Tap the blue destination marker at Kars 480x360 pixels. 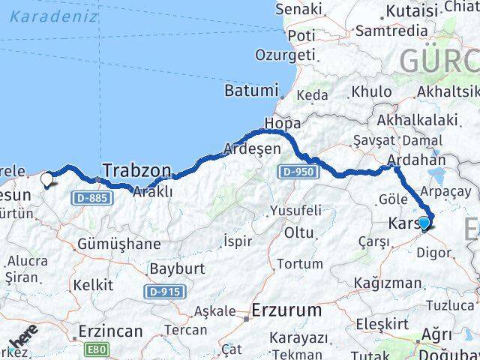tap(424, 223)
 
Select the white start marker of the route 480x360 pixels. tap(47, 180)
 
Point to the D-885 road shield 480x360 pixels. tap(93, 198)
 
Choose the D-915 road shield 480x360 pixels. tap(166, 290)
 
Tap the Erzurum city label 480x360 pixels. tap(286, 309)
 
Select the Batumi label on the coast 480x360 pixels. tap(250, 90)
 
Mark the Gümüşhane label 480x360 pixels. tap(118, 244)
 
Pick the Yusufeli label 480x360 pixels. tap(295, 209)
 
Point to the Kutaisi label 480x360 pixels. tap(411, 10)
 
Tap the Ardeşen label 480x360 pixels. tap(253, 148)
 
